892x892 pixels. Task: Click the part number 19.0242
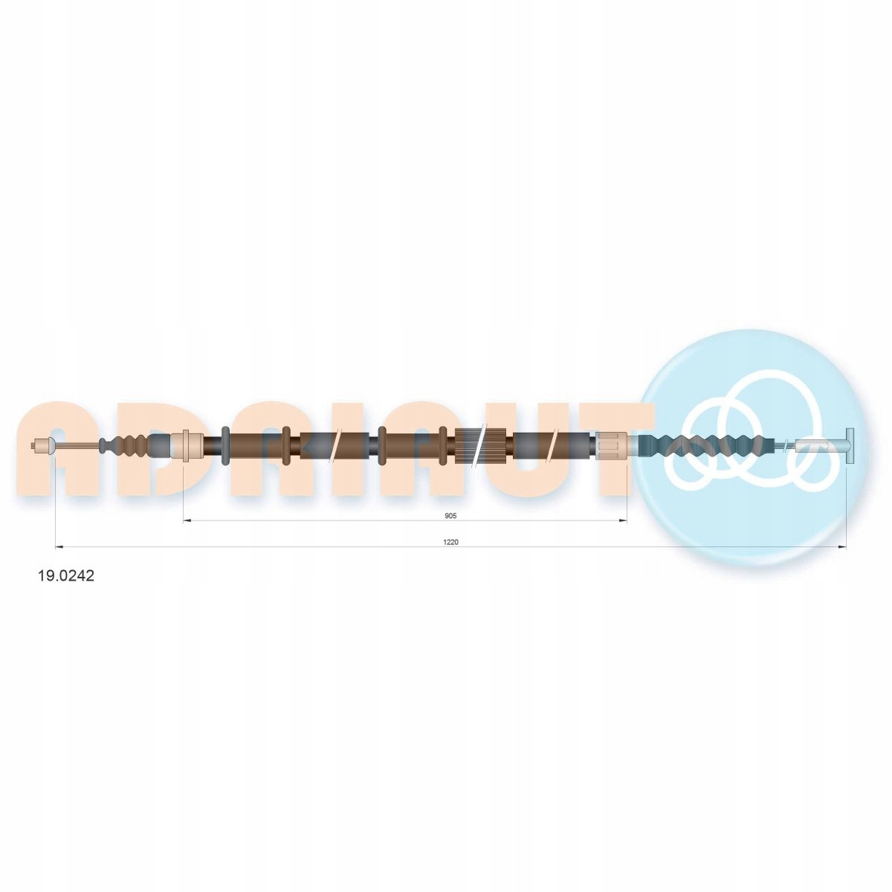click(x=65, y=576)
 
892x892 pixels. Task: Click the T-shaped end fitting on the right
click(x=849, y=446)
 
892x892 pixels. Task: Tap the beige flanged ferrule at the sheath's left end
click(x=186, y=445)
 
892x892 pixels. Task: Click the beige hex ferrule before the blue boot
click(x=611, y=446)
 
